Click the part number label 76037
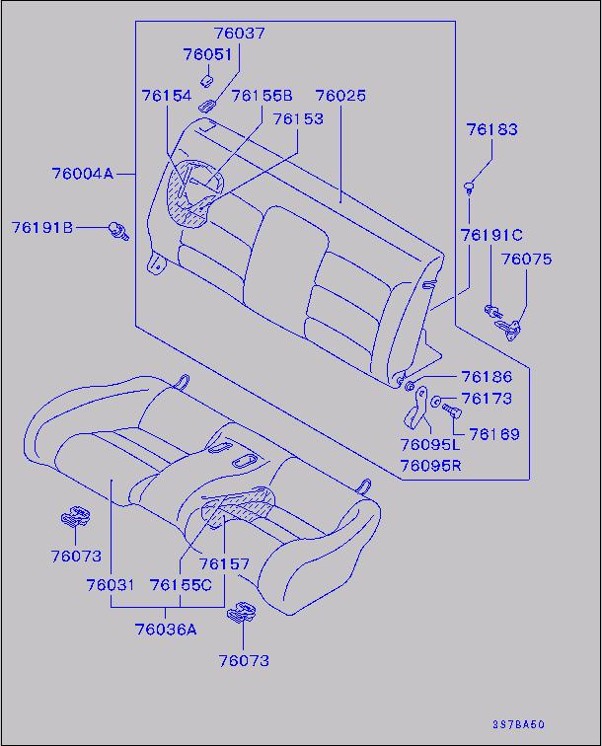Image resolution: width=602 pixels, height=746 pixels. point(239,34)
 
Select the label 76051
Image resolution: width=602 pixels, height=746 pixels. point(207,54)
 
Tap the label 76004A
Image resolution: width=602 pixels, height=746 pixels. point(83,174)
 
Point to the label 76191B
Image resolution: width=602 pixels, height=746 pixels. point(42,227)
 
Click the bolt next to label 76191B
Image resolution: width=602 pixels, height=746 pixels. point(119,230)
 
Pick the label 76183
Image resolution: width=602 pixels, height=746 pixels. point(491,129)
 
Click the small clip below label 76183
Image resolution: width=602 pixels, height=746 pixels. point(470,187)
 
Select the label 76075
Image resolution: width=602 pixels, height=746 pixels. point(526,260)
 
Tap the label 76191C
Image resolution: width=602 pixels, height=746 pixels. point(491,235)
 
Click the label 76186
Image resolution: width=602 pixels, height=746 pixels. point(487,377)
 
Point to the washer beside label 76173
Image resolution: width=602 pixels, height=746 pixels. point(435,402)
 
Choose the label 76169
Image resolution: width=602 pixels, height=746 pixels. point(494,434)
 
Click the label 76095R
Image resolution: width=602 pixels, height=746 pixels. point(430,466)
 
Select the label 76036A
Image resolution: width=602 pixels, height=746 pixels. point(166,630)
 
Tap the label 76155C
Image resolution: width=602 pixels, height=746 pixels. point(181,585)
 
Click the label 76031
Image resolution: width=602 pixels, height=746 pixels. point(111,585)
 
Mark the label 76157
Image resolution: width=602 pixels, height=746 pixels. point(224,564)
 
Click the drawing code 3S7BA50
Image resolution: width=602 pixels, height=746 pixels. point(518,724)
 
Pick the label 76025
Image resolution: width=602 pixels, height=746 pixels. point(340,96)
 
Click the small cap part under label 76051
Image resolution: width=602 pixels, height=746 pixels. point(205,81)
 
